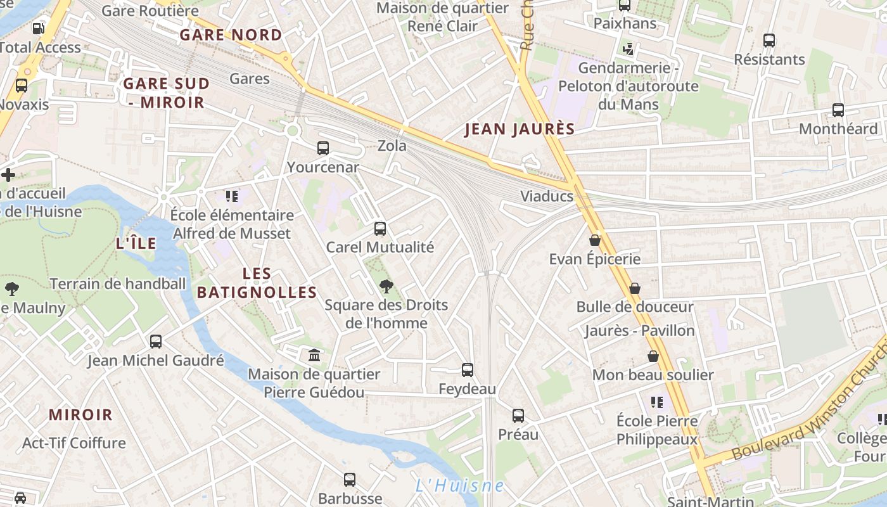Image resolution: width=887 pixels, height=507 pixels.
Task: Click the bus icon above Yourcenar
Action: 323,148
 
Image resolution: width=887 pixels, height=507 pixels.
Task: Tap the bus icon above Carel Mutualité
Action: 380,228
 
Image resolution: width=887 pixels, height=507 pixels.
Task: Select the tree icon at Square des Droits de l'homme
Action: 386,286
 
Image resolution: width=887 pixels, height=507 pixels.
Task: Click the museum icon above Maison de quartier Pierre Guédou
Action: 314,355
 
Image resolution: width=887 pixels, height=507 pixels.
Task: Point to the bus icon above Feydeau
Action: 468,369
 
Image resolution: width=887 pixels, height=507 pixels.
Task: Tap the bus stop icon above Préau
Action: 518,416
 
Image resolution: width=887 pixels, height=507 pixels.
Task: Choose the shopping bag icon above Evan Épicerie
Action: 595,240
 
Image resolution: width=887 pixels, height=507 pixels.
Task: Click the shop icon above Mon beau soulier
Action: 653,356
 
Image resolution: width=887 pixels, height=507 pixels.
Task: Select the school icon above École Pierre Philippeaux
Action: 657,402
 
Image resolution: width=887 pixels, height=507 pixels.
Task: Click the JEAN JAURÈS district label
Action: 520,129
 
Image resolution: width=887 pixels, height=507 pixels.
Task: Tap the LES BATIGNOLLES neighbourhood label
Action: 257,283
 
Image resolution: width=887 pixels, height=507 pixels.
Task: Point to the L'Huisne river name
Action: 460,486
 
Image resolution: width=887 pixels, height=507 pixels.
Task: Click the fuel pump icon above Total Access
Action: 38,28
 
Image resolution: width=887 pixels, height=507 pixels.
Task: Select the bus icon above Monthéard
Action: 838,110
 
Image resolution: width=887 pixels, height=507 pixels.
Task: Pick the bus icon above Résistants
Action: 769,41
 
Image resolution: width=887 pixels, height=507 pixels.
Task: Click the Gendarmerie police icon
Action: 629,48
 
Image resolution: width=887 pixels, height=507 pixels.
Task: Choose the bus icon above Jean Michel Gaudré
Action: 156,342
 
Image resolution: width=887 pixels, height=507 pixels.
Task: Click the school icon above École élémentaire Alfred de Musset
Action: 232,196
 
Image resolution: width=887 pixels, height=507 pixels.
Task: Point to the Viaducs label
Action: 547,196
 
